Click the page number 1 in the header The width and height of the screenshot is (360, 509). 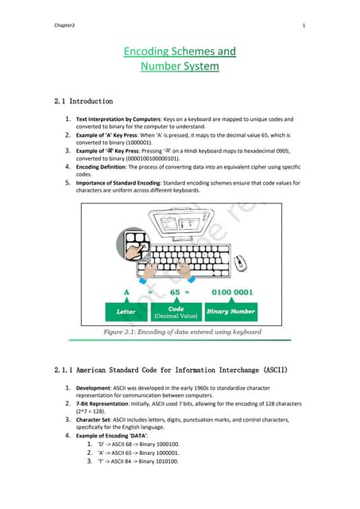click(x=304, y=25)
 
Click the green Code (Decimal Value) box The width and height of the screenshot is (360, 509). click(x=176, y=311)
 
